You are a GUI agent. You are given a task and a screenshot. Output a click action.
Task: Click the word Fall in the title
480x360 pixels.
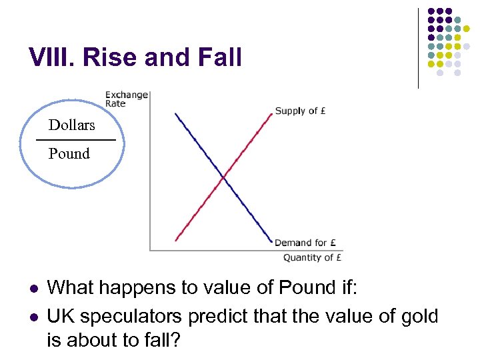pyautogui.click(x=219, y=58)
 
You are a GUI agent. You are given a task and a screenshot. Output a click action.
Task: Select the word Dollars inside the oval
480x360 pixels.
pyautogui.click(x=71, y=125)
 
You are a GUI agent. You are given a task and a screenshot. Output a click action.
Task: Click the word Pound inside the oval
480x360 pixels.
pyautogui.click(x=69, y=154)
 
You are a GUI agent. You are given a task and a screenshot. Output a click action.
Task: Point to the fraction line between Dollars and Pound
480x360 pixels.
pyautogui.click(x=75, y=140)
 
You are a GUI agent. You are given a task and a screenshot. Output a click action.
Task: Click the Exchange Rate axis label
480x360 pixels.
pyautogui.click(x=126, y=99)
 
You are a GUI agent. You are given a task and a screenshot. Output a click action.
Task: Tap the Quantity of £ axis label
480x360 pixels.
pyautogui.click(x=312, y=258)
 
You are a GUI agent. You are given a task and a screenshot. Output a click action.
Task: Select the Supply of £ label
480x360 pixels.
pyautogui.click(x=300, y=111)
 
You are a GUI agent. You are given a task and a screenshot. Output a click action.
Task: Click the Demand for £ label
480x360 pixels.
pyautogui.click(x=305, y=243)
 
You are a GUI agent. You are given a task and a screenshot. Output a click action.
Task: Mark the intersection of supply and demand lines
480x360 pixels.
pyautogui.click(x=224, y=177)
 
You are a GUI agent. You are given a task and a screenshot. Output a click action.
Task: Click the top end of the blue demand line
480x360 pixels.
pyautogui.click(x=175, y=114)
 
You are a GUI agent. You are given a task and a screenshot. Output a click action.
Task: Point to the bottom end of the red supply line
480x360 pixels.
pyautogui.click(x=176, y=240)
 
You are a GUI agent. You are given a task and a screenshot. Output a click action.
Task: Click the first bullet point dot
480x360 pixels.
pyautogui.click(x=32, y=289)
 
